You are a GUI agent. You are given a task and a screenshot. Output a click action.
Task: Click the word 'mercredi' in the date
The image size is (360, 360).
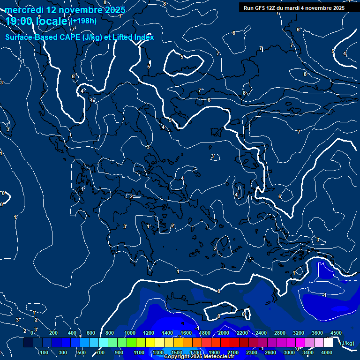pyautogui.click(x=25, y=10)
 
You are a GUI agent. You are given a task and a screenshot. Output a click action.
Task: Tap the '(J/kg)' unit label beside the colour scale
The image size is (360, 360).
pyautogui.click(x=346, y=344)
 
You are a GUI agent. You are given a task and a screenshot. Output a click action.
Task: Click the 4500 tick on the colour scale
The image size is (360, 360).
pyautogui.click(x=336, y=333)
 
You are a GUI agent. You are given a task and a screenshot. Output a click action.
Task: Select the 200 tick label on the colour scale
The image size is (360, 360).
pyautogui.click(x=53, y=333)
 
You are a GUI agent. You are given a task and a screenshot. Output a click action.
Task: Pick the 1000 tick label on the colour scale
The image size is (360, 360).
pyautogui.click(x=130, y=333)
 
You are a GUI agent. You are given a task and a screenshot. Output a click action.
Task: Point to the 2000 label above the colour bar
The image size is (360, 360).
pyautogui.click(x=224, y=333)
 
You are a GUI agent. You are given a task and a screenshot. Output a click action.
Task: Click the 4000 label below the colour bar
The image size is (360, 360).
pyautogui.click(x=327, y=352)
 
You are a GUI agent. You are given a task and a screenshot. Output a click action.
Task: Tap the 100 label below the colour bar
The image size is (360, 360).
pyautogui.click(x=44, y=352)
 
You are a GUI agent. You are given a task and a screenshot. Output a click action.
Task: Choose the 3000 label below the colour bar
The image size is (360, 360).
pyautogui.click(x=289, y=352)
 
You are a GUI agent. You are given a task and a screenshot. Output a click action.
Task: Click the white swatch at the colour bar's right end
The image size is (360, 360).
pyautogui.click(x=328, y=343)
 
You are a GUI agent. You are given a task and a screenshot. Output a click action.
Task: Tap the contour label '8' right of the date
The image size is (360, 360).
pyautogui.click(x=165, y=4)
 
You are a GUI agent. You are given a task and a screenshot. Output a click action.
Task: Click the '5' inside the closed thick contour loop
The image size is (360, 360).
pyautogui.click(x=182, y=57)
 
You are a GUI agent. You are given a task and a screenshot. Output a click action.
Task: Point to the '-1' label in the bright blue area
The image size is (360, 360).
pyautogui.click(x=324, y=295)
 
